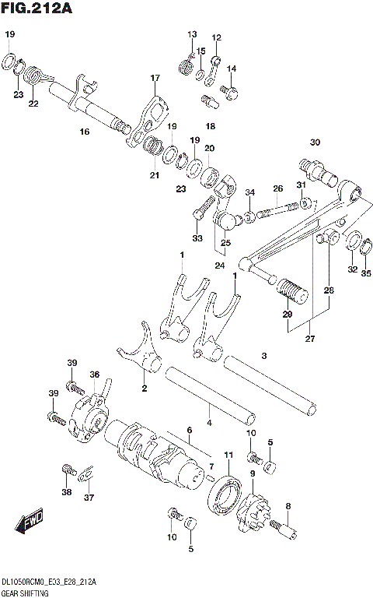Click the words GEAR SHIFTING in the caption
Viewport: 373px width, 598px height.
tap(25, 593)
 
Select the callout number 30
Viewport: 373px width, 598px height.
tap(315, 142)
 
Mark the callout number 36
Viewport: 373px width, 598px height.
tap(94, 375)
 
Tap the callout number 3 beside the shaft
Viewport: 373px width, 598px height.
tap(264, 356)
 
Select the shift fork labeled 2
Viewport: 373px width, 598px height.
tap(140, 358)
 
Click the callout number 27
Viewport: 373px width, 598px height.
tap(311, 338)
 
